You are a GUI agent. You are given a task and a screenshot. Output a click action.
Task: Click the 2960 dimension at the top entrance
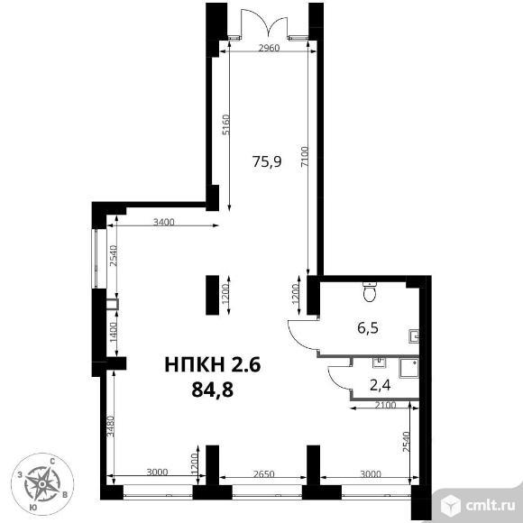click(x=269, y=48)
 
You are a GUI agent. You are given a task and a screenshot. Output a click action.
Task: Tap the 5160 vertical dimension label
click(x=226, y=124)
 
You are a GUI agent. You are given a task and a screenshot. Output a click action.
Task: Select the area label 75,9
click(x=267, y=161)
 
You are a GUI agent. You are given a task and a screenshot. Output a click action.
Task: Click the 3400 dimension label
click(x=163, y=222)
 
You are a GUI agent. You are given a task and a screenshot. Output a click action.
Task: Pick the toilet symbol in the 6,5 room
click(x=369, y=292)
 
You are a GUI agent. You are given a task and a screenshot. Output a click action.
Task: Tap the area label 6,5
click(x=368, y=328)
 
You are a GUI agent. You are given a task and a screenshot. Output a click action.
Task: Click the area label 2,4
click(x=381, y=385)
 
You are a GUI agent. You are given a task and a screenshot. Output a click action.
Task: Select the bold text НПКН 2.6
click(x=213, y=364)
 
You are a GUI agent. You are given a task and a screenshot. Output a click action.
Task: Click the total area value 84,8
click(x=213, y=390)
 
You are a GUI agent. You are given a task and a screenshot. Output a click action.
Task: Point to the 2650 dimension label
click(x=263, y=474)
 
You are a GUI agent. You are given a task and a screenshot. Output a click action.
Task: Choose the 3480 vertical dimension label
click(x=111, y=426)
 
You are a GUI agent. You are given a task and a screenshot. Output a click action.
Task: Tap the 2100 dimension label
click(x=385, y=405)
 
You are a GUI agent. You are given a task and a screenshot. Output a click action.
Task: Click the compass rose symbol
click(x=42, y=483)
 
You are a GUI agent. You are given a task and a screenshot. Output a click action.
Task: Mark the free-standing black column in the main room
click(x=213, y=295)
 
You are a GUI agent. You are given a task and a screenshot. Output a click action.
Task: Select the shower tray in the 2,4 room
click(x=408, y=368)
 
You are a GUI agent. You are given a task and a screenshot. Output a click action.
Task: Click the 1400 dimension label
click(x=114, y=332)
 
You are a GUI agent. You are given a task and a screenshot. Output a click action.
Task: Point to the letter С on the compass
click(x=52, y=462)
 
